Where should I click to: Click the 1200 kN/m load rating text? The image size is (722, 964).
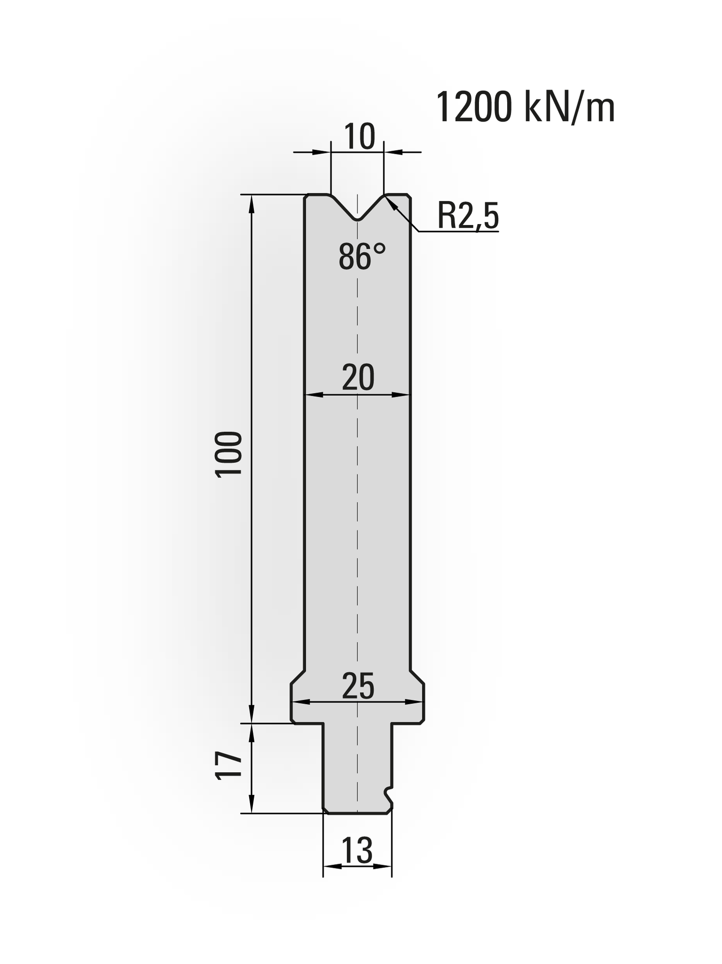click(525, 108)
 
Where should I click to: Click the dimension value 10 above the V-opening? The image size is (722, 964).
click(359, 137)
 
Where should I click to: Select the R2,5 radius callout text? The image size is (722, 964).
click(467, 216)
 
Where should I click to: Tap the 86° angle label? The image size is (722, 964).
click(362, 257)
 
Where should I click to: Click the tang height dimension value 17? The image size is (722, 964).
click(229, 766)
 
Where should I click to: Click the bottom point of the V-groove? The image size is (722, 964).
click(358, 220)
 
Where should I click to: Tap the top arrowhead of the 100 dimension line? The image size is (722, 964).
click(251, 200)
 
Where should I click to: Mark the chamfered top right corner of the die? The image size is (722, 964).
click(409, 196)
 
